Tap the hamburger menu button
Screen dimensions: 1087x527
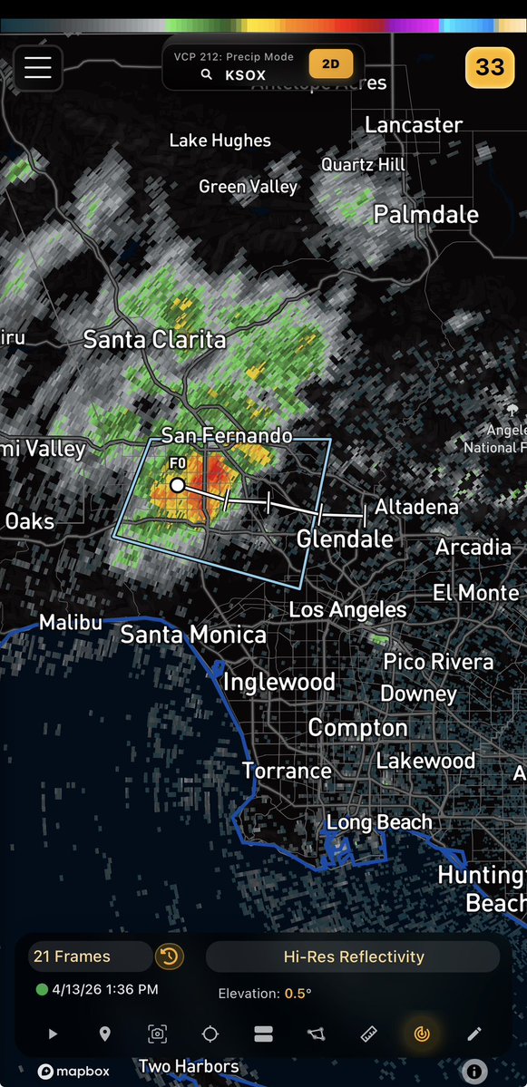click(x=38, y=68)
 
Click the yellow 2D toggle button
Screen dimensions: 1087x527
click(x=331, y=65)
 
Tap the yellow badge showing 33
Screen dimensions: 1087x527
click(x=490, y=67)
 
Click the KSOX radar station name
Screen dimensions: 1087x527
click(x=245, y=75)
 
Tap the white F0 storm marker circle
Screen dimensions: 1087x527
click(x=178, y=485)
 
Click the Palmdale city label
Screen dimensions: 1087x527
click(x=426, y=215)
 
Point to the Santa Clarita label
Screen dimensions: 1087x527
click(x=154, y=340)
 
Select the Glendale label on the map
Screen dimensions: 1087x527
click(x=345, y=539)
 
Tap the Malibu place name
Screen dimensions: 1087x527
click(x=70, y=625)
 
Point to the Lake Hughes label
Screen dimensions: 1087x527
click(x=220, y=141)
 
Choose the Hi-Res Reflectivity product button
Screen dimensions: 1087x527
click(x=354, y=956)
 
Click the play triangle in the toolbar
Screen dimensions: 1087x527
click(x=53, y=1034)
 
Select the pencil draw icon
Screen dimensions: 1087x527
click(x=473, y=1034)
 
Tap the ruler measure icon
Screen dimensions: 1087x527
click(x=369, y=1034)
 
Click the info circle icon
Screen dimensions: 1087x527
click(x=473, y=1072)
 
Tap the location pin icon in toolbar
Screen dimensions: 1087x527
click(x=105, y=1034)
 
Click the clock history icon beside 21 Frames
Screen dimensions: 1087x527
click(x=169, y=956)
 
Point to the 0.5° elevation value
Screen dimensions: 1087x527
click(x=298, y=994)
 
